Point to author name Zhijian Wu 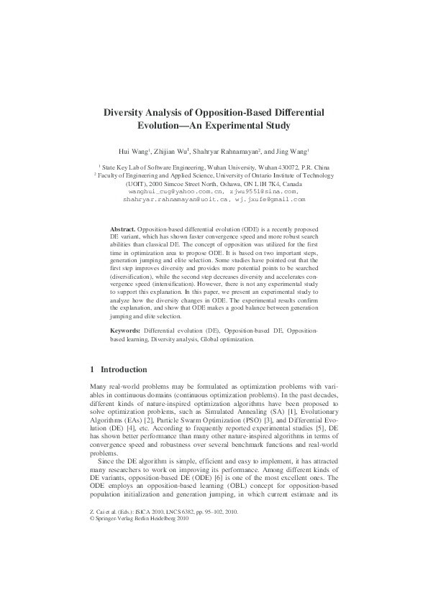click(170, 152)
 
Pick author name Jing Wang click(291, 152)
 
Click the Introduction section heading click(123, 370)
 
